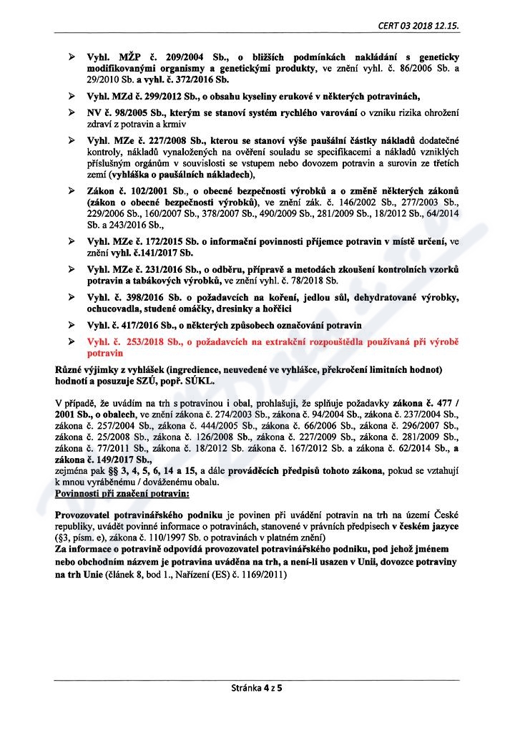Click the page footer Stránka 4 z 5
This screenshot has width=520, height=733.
(260, 690)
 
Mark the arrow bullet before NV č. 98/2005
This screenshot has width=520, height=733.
(70, 113)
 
